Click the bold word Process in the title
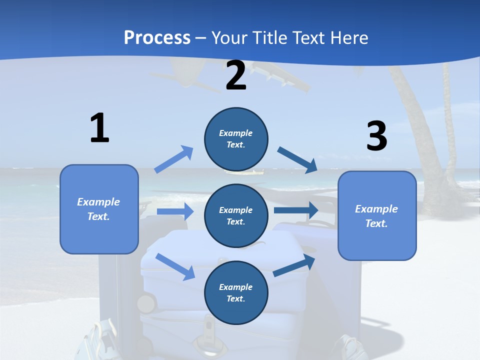157,37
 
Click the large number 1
99,128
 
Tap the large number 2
236,75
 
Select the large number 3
376,136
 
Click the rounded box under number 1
99,209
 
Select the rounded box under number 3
377,215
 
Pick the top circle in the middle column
236,139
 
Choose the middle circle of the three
236,215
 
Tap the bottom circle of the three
236,292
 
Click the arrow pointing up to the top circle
174,159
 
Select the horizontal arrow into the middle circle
175,211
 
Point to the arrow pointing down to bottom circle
175,266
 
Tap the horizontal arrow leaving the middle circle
296,210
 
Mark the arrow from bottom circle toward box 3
294,265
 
